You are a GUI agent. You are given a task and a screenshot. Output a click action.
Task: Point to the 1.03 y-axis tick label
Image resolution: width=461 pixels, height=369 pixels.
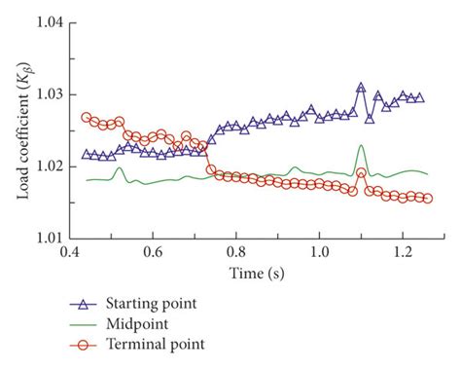[49, 94]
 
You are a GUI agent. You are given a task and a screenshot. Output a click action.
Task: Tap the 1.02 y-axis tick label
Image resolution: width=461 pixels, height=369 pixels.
[49, 166]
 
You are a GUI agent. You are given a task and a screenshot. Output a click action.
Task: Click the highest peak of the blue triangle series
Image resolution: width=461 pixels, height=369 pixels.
[361, 88]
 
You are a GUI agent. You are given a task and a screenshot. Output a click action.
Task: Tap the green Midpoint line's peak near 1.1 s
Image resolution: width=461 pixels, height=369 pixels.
[361, 146]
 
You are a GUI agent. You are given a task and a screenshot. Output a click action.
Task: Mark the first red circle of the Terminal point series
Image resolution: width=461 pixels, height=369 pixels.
[87, 118]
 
